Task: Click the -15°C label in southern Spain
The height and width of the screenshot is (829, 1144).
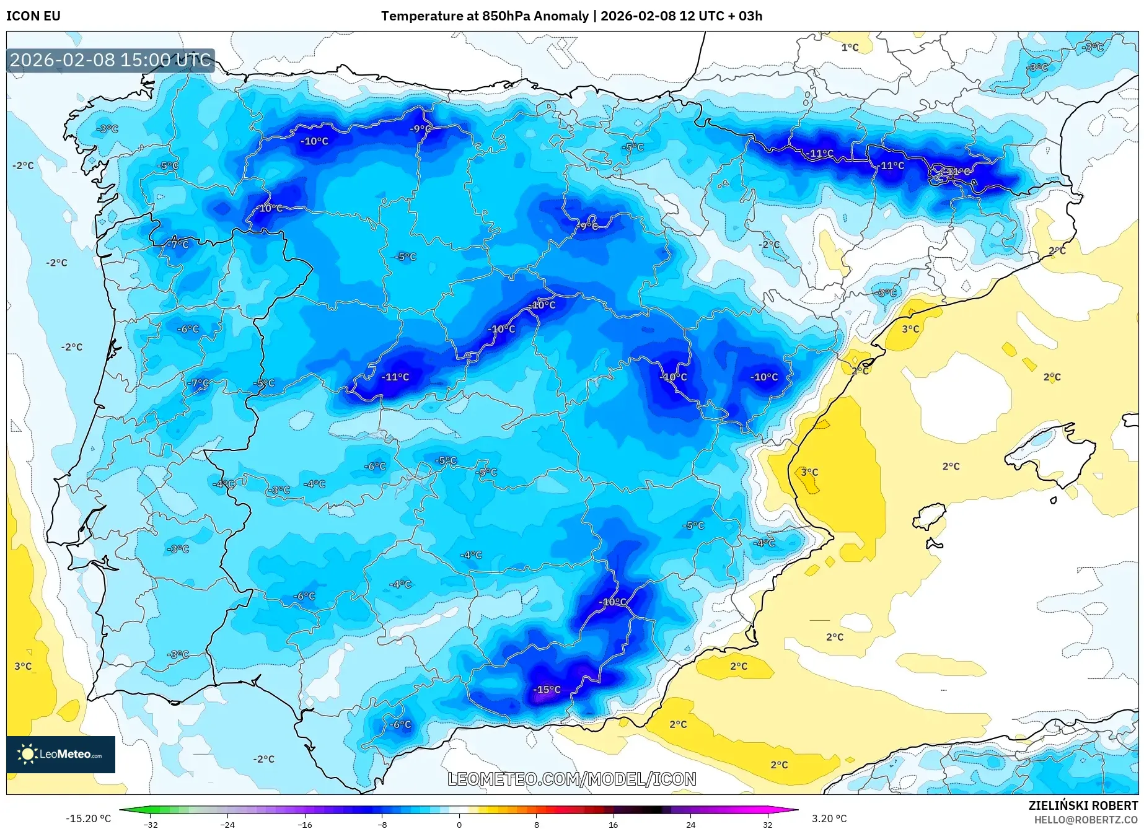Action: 547,690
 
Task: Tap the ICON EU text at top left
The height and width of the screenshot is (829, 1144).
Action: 33,16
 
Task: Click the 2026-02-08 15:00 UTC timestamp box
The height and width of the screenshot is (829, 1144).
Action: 110,60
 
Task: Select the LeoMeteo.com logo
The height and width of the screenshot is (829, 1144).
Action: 61,754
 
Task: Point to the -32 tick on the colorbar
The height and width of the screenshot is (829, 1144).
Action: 151,824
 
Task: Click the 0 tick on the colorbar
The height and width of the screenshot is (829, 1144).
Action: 459,824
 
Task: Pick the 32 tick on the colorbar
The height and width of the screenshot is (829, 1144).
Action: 767,824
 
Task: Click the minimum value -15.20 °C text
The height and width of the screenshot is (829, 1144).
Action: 88,818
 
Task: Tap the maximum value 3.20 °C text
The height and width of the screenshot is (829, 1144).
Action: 829,818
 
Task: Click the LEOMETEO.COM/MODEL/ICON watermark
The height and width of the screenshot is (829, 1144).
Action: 571,779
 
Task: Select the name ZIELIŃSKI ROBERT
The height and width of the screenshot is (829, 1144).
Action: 1083,805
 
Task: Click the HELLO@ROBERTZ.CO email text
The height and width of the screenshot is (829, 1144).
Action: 1086,820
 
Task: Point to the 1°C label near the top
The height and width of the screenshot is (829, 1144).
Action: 850,48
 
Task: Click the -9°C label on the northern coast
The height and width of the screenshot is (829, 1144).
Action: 420,129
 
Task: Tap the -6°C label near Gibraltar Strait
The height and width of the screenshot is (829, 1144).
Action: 400,724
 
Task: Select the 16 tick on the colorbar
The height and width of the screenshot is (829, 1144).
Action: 613,824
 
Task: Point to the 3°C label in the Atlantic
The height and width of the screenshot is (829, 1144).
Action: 23,666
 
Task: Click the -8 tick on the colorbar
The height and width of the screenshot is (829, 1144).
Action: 382,824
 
